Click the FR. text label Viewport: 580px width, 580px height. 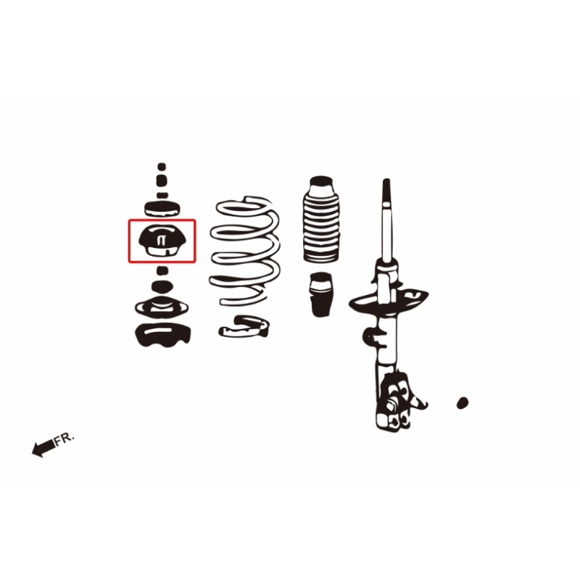65,440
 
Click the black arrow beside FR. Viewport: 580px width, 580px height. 43,448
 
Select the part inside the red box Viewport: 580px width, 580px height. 162,240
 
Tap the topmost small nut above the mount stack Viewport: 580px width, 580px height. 162,167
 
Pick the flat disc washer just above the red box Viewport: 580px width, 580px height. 162,209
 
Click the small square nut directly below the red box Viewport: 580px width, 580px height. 162,270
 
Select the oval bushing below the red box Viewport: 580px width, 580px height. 162,286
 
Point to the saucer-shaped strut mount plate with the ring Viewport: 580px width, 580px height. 162,306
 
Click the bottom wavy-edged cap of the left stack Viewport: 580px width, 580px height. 163,335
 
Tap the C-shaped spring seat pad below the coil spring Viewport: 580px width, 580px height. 244,326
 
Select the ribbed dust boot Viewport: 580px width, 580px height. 321,219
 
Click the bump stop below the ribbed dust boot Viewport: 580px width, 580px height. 321,294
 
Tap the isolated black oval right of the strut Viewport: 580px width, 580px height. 463,402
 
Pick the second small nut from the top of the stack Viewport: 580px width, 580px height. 162,181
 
